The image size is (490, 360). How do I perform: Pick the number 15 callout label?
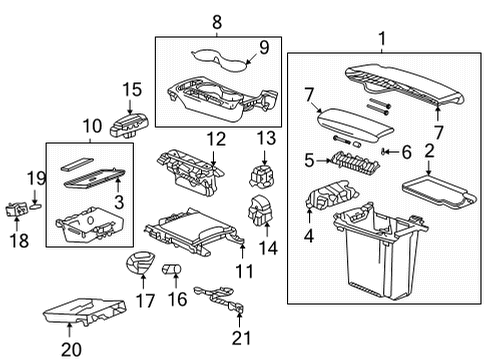pyautogui.click(x=132, y=89)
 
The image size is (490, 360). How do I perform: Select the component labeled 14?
pyautogui.click(x=263, y=213)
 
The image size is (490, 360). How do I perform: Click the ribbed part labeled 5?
pyautogui.click(x=347, y=159)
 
